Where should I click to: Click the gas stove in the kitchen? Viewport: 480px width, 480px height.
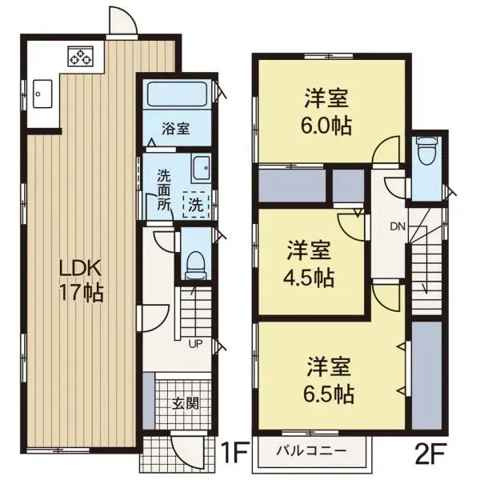pyautogui.click(x=81, y=57)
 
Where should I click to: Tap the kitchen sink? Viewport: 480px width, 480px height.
pyautogui.click(x=42, y=94)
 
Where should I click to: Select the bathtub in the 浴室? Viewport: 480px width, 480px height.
pyautogui.click(x=178, y=94)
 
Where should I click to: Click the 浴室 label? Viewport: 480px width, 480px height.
pyautogui.click(x=176, y=129)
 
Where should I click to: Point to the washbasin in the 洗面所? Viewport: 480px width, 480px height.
pyautogui.click(x=202, y=168)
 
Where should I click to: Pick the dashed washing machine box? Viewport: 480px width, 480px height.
pyautogui.click(x=196, y=204)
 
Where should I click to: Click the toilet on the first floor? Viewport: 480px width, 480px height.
pyautogui.click(x=195, y=265)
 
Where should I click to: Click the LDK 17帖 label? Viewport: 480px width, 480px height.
pyautogui.click(x=81, y=282)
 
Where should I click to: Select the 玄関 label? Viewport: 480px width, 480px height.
pyautogui.click(x=186, y=404)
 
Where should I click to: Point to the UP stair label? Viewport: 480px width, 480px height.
pyautogui.click(x=195, y=344)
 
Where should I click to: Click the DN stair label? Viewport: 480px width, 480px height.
pyautogui.click(x=398, y=227)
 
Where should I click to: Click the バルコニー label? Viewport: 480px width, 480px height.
pyautogui.click(x=312, y=450)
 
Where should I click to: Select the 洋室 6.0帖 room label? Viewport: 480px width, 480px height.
pyautogui.click(x=326, y=111)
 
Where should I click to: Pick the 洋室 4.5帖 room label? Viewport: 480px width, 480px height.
pyautogui.click(x=309, y=263)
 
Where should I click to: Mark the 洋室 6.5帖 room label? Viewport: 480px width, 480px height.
pyautogui.click(x=329, y=379)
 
